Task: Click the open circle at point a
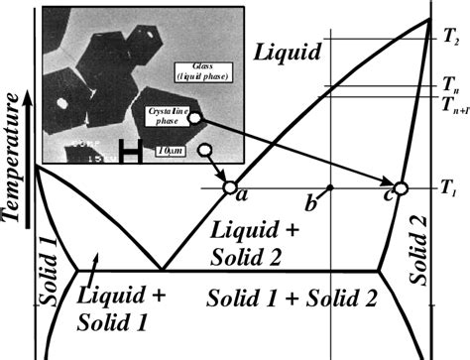pyautogui.click(x=229, y=186)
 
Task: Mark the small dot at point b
pyautogui.click(x=330, y=186)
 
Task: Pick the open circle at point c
pyautogui.click(x=401, y=187)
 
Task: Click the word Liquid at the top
pyautogui.click(x=289, y=50)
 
